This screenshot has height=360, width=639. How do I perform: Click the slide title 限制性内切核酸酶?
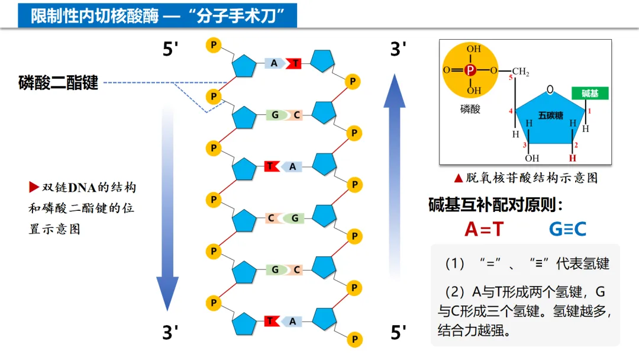point(95,16)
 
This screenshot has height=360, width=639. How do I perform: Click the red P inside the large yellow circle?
point(470,70)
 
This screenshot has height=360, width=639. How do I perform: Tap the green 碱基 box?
point(590,94)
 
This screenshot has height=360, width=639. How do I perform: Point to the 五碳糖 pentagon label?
point(550,115)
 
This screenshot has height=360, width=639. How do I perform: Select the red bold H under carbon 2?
point(572,159)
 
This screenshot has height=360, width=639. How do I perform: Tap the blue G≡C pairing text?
point(567,229)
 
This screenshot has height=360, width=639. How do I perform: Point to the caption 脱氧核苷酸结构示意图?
point(525,178)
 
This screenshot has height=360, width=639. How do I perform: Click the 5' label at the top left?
point(170,50)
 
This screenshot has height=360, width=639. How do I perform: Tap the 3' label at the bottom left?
point(170,333)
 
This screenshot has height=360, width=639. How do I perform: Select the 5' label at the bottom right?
point(399,333)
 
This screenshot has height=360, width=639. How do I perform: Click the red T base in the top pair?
point(295,63)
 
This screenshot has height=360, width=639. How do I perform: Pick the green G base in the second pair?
point(275,115)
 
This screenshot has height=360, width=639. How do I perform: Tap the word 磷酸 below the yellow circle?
point(470,109)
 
